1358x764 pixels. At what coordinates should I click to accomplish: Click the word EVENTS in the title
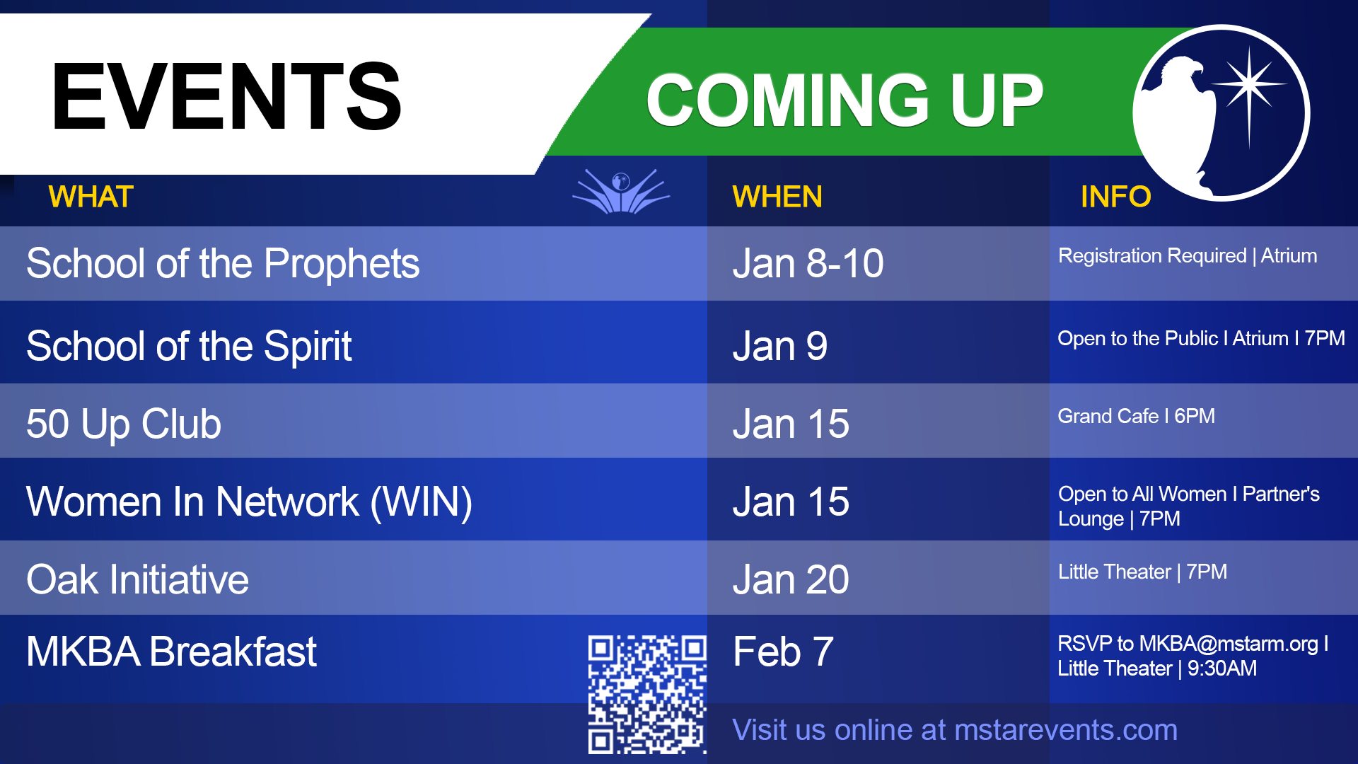226,97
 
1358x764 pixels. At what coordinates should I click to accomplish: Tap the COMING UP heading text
845,100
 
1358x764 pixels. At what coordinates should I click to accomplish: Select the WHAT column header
91,197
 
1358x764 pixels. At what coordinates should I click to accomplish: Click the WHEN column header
777,197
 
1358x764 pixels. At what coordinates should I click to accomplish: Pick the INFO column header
1115,197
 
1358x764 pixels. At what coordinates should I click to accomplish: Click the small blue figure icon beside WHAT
621,191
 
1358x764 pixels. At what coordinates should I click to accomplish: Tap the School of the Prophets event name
223,265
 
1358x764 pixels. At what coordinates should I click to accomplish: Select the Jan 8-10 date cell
808,264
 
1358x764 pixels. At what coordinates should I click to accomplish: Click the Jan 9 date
780,347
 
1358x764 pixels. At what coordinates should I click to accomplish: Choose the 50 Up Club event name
124,424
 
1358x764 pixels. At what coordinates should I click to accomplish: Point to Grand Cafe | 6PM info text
1136,416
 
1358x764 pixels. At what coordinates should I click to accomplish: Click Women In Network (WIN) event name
249,502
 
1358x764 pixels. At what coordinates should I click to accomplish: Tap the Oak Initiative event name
137,579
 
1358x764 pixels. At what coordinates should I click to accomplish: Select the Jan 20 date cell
791,580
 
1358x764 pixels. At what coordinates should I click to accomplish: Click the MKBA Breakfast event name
171,652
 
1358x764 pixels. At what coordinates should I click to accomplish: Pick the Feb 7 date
783,652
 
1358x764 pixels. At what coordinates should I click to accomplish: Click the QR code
647,694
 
